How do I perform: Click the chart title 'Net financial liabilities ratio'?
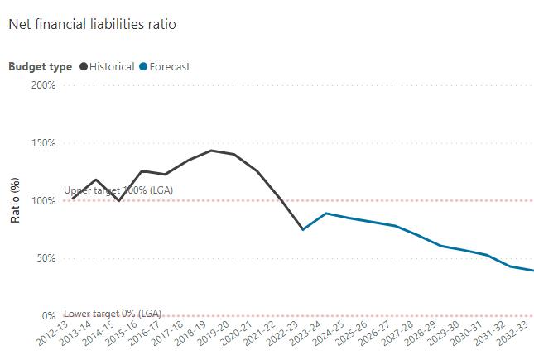click(x=92, y=24)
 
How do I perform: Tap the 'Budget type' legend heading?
click(x=40, y=66)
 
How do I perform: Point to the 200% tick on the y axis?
click(x=42, y=84)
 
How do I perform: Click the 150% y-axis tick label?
click(x=42, y=142)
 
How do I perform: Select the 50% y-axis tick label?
click(x=45, y=258)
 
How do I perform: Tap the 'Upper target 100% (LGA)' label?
click(x=113, y=190)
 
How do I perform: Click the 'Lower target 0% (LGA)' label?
click(x=113, y=313)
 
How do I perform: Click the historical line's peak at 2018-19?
click(x=212, y=151)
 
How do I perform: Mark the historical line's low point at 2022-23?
click(x=303, y=229)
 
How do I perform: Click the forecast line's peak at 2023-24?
click(x=326, y=214)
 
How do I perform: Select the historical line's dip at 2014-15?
click(x=119, y=200)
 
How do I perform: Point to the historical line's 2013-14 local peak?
click(x=97, y=180)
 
